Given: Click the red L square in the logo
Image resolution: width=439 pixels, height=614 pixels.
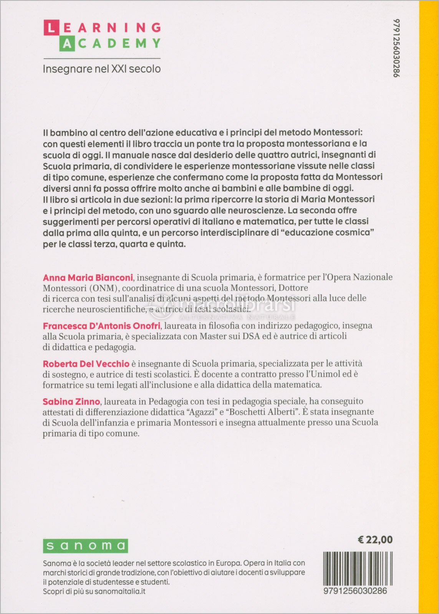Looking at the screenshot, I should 51,28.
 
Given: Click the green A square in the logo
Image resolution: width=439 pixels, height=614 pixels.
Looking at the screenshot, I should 66,44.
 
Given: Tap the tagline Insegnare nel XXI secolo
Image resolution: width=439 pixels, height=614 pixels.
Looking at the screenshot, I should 101,69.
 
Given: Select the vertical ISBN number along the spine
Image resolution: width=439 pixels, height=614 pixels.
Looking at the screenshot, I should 397,48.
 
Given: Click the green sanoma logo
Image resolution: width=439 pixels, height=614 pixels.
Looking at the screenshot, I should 85,546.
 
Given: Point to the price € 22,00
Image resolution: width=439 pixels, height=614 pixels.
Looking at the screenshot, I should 375,540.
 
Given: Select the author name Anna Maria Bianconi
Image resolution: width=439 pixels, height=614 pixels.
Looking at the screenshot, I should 88,277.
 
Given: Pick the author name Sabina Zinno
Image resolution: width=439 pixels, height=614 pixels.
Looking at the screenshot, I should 71,402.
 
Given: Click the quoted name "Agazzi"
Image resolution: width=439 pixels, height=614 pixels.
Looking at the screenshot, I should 200,412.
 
